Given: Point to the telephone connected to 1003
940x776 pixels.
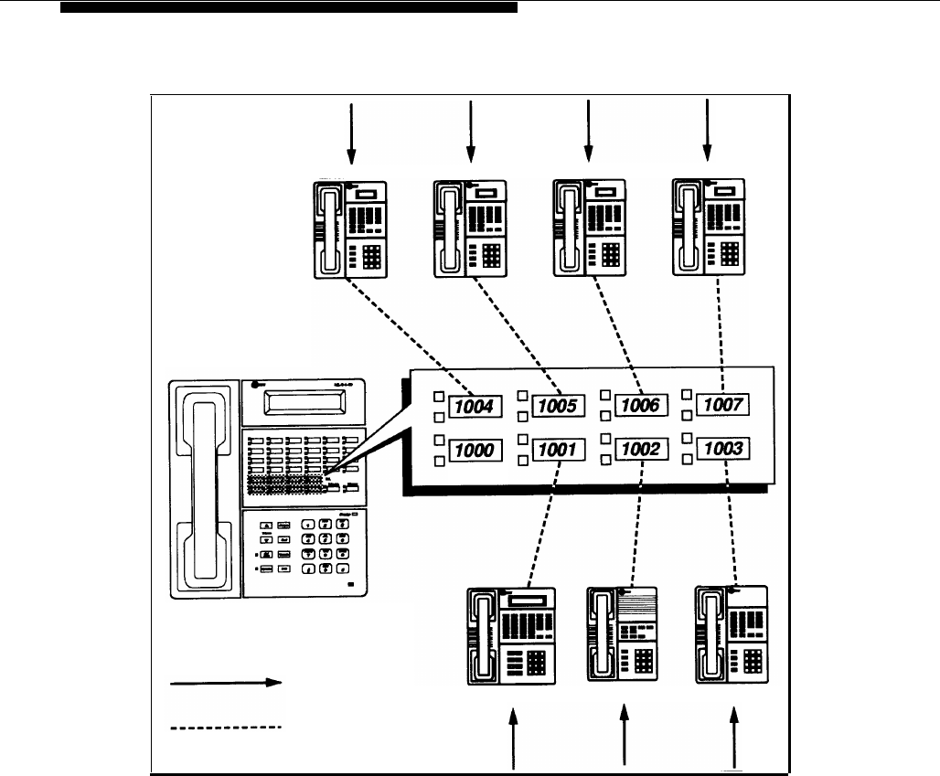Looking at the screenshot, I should (732, 634).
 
